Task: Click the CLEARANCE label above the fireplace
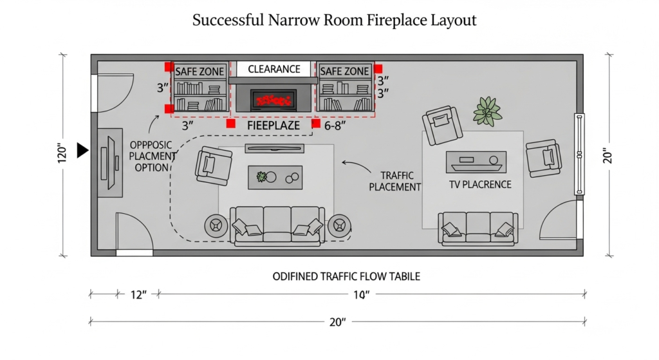pyautogui.click(x=274, y=69)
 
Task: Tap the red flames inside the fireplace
pyautogui.click(x=274, y=100)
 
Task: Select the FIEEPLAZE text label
pyautogui.click(x=274, y=126)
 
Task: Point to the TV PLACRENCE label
pyautogui.click(x=480, y=184)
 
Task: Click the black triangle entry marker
pyautogui.click(x=82, y=151)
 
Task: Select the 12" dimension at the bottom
pyautogui.click(x=138, y=294)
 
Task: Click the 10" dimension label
pyautogui.click(x=362, y=294)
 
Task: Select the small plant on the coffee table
pyautogui.click(x=261, y=176)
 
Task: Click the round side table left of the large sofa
pyautogui.click(x=214, y=226)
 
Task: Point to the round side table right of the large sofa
pyautogui.click(x=339, y=226)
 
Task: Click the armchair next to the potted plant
pyautogui.click(x=443, y=124)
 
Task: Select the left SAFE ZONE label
pyautogui.click(x=200, y=71)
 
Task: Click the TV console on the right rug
pyautogui.click(x=476, y=161)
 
